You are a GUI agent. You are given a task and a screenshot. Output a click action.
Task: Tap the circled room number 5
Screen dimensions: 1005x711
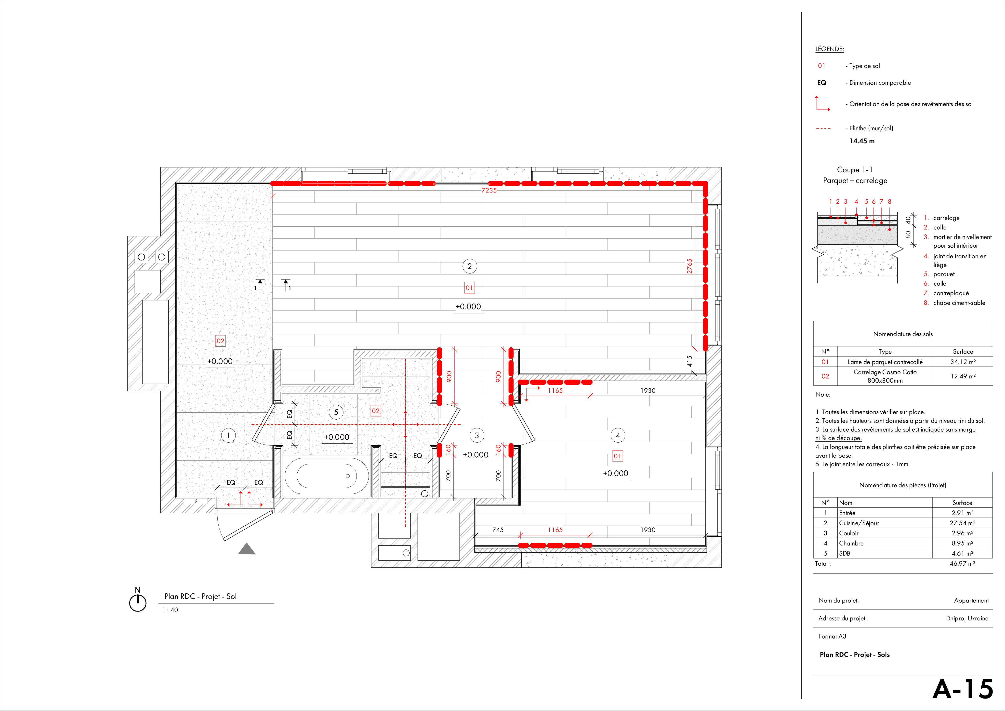[336, 412]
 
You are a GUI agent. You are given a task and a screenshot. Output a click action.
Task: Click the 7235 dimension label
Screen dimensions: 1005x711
[489, 190]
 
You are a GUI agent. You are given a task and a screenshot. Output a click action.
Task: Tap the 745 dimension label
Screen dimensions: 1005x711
[498, 530]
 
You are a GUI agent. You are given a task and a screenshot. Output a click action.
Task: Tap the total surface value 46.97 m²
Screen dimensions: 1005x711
[963, 563]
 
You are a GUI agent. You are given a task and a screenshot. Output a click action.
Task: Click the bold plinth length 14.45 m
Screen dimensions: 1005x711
[862, 141]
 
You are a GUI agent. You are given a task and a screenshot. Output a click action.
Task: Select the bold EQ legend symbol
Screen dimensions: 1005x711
[822, 83]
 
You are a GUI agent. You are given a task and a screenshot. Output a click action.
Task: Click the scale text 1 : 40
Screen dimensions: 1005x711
[170, 610]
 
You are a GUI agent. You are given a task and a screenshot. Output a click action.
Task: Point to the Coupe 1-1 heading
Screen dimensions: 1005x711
[855, 170]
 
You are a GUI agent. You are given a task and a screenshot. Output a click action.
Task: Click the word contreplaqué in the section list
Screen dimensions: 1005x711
[951, 293]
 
